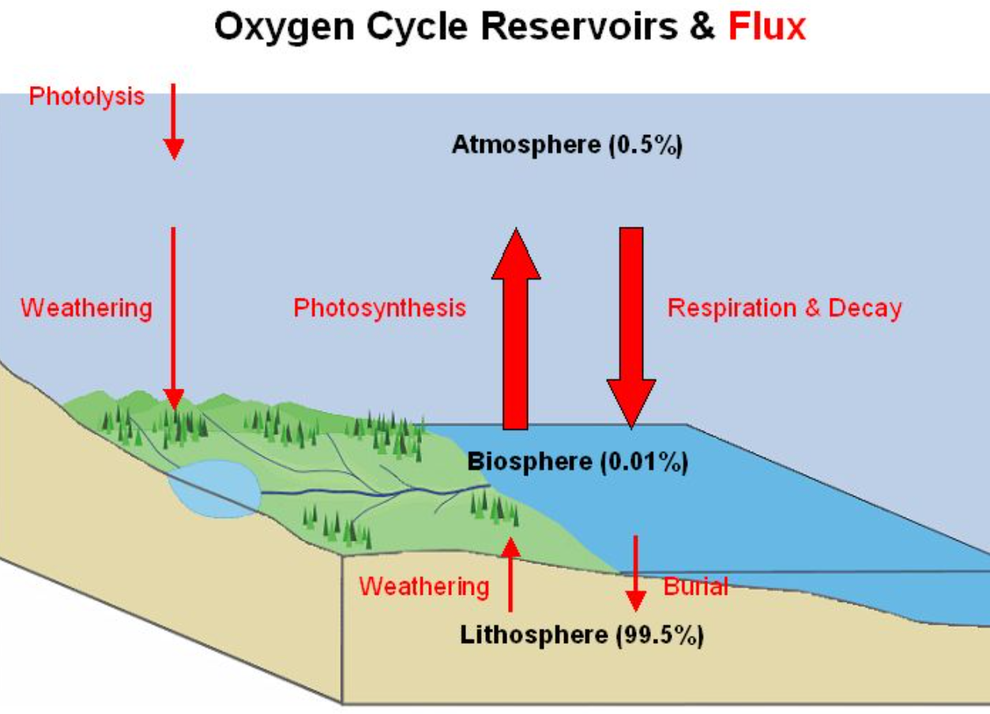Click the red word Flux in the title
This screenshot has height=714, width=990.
click(766, 28)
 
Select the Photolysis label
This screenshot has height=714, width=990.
click(87, 96)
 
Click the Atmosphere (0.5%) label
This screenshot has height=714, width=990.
click(567, 145)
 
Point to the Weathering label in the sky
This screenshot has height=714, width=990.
click(86, 307)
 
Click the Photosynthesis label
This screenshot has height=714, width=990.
click(380, 307)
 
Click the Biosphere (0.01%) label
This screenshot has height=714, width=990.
click(578, 461)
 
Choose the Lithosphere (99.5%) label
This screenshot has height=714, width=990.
click(582, 633)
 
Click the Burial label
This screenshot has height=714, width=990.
click(695, 586)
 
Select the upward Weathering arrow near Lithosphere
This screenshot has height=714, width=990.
click(510, 574)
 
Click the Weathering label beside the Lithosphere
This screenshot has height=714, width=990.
click(424, 586)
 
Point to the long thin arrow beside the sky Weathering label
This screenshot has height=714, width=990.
click(173, 316)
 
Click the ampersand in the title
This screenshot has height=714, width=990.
click(702, 28)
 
